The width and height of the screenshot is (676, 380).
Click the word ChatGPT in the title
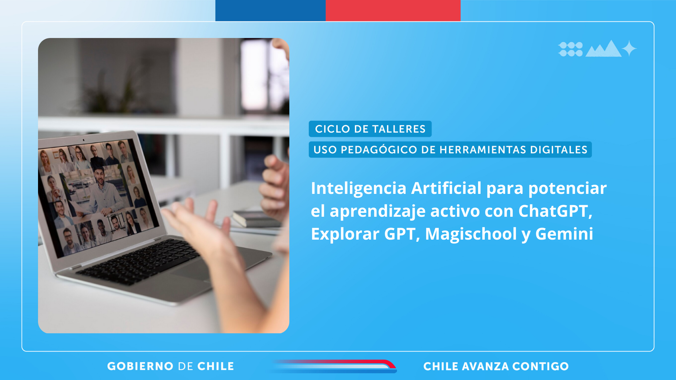click(555, 211)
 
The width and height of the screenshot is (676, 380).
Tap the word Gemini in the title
click(564, 234)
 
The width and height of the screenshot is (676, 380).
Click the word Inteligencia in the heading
click(358, 189)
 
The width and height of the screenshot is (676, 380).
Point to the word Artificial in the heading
click(446, 188)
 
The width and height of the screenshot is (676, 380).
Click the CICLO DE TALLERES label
click(370, 129)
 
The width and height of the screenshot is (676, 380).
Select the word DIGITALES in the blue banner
click(559, 150)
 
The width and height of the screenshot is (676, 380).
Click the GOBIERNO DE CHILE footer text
click(171, 366)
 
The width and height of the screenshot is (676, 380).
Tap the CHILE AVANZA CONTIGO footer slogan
click(496, 366)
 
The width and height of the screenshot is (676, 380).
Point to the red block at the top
click(393, 11)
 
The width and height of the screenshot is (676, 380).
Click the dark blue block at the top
click(270, 11)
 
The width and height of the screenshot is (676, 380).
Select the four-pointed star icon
click(629, 49)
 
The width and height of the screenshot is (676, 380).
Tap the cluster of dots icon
click(570, 49)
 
